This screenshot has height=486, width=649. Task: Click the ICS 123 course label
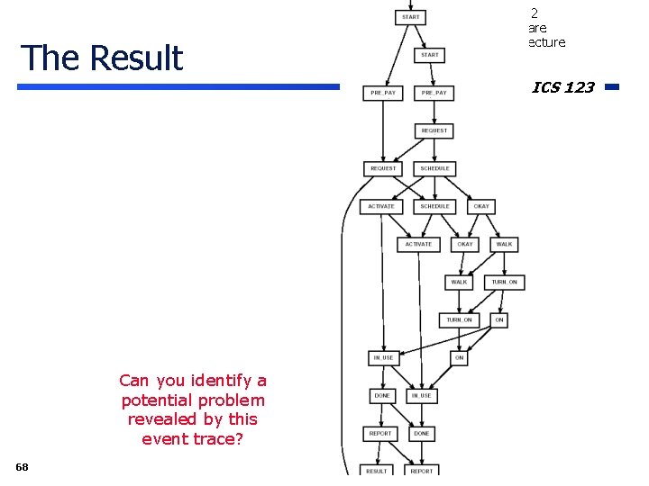point(562,87)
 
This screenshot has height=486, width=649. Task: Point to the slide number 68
point(22,466)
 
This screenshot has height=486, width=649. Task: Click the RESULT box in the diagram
point(377,471)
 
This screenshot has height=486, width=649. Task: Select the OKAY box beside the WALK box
point(465,244)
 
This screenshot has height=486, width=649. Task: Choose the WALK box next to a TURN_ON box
point(459,282)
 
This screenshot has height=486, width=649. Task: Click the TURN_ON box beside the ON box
point(459,319)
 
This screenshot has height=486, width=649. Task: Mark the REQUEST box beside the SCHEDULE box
point(383,168)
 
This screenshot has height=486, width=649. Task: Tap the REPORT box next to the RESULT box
point(421,471)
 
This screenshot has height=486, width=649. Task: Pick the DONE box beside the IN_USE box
point(382,395)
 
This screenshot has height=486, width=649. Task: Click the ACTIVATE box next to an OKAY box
point(418,244)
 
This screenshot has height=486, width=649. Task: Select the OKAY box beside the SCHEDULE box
point(481,206)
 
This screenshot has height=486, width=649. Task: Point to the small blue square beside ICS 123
point(611,87)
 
